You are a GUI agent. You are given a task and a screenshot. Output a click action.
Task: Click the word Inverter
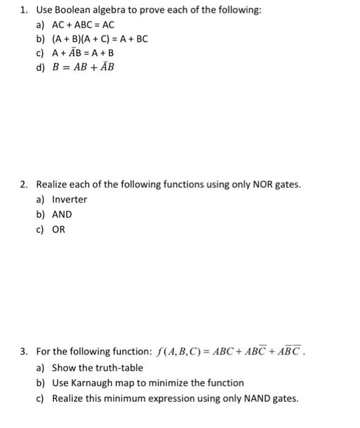pyautogui.click(x=70, y=199)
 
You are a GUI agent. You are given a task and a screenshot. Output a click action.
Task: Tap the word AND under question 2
pyautogui.click(x=62, y=215)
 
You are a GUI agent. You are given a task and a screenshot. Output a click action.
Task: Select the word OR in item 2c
pyautogui.click(x=58, y=230)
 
